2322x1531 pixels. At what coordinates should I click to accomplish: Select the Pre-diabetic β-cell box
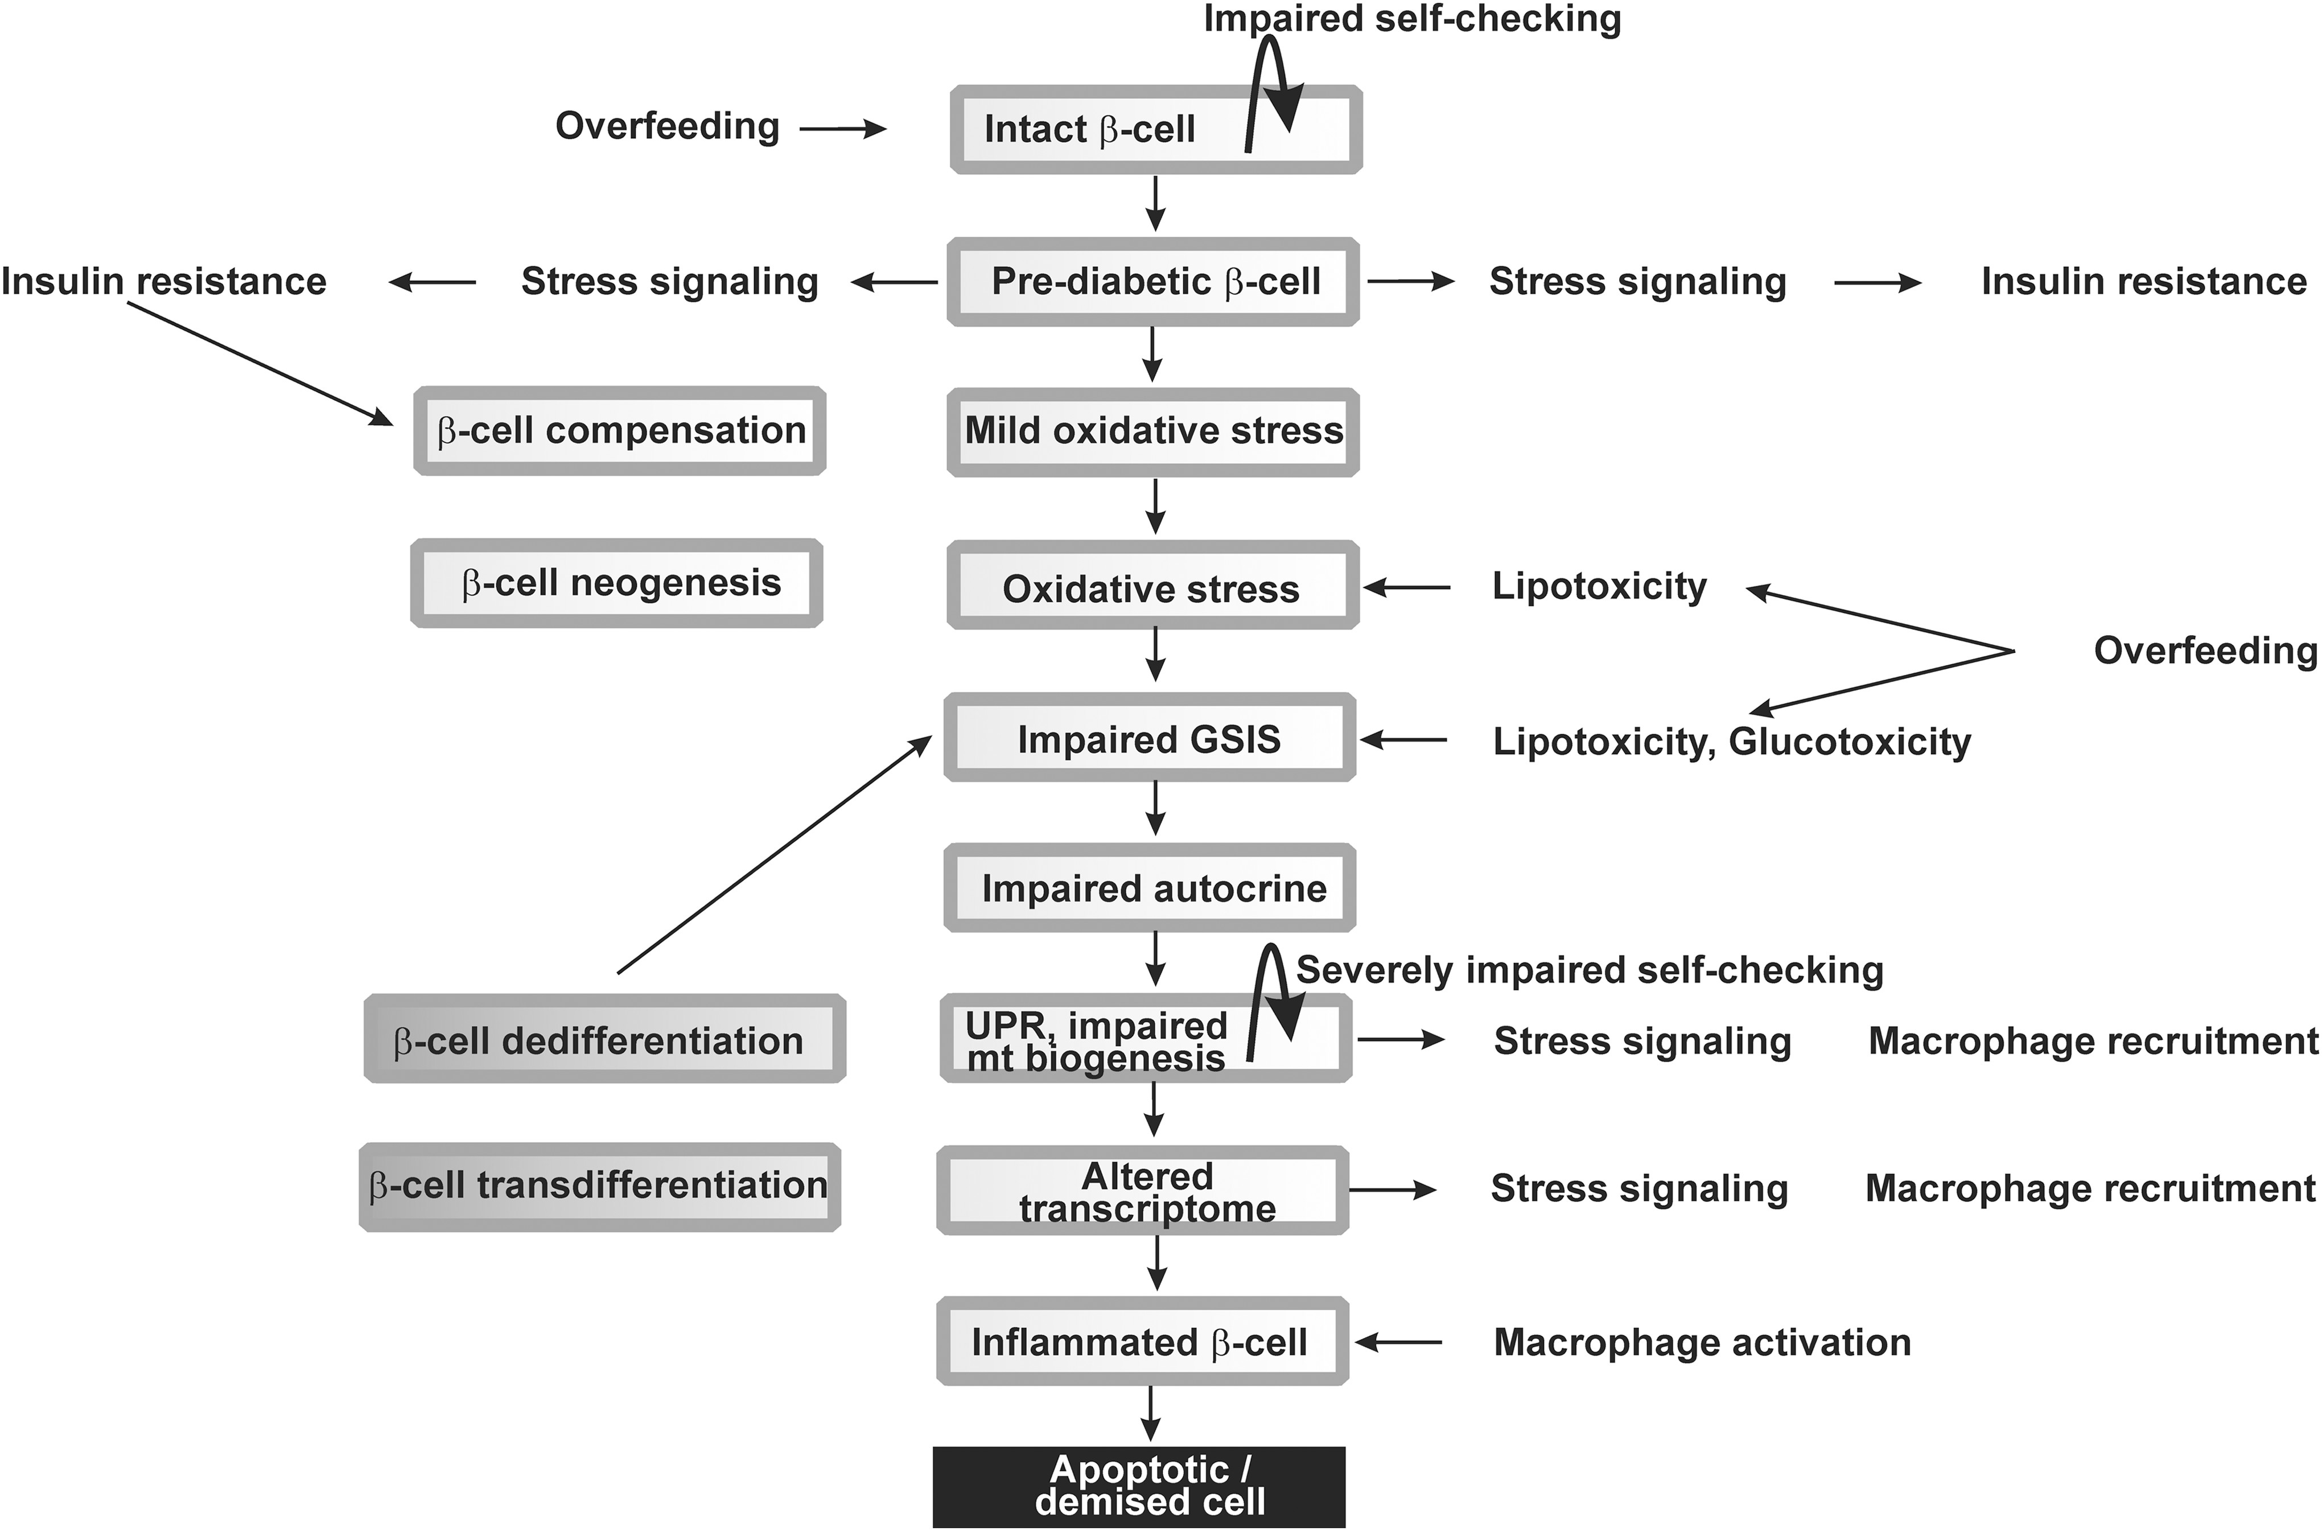coord(1153,281)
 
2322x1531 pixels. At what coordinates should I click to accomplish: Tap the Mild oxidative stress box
coord(1153,431)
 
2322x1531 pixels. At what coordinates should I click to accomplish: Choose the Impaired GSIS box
coord(1149,737)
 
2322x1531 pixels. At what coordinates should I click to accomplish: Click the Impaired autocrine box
coord(1149,887)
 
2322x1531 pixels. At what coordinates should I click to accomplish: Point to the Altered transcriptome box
coord(1142,1190)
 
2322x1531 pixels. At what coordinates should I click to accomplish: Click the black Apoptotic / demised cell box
coord(1139,1487)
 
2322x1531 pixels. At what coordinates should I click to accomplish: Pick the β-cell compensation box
coord(620,431)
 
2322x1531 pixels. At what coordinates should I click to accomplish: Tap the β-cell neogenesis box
coord(616,583)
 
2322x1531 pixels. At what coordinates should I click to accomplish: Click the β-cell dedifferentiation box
coord(604,1038)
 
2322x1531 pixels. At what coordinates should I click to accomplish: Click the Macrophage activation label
coord(1702,1343)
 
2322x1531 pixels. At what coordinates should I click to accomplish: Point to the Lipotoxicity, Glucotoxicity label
coord(1731,742)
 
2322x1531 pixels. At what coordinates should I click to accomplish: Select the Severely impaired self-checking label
coord(1590,970)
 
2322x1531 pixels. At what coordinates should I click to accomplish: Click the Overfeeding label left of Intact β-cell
coord(668,126)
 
